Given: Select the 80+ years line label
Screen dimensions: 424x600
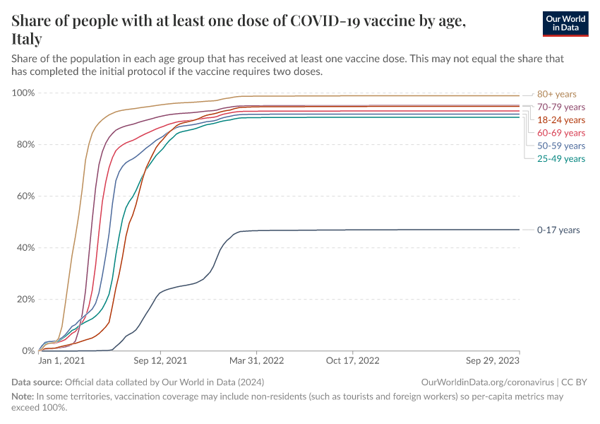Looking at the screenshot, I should pyautogui.click(x=556, y=94).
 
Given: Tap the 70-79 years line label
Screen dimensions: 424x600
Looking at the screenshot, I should pyautogui.click(x=560, y=107).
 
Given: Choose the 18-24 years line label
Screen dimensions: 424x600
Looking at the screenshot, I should pyautogui.click(x=560, y=120).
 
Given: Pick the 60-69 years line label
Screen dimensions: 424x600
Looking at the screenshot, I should pyautogui.click(x=560, y=133).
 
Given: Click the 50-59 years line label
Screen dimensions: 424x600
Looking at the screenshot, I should pyautogui.click(x=560, y=146).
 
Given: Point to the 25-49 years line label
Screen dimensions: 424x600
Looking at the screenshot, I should pyautogui.click(x=560, y=159).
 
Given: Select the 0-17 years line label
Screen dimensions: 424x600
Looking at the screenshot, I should pyautogui.click(x=558, y=230).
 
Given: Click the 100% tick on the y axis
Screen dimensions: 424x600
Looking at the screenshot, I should pyautogui.click(x=23, y=93).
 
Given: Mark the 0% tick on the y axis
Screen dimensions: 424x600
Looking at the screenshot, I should pyautogui.click(x=28, y=351).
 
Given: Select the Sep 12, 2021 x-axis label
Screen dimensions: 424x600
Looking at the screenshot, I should pyautogui.click(x=162, y=360).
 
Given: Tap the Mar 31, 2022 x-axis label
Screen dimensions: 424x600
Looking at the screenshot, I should pyautogui.click(x=258, y=360).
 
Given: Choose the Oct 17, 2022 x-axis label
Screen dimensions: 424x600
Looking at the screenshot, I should pyautogui.click(x=354, y=360).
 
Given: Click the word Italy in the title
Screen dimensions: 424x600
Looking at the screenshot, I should pyautogui.click(x=27, y=39).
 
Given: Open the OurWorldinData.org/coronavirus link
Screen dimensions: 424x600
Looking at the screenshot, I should pyautogui.click(x=486, y=382).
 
